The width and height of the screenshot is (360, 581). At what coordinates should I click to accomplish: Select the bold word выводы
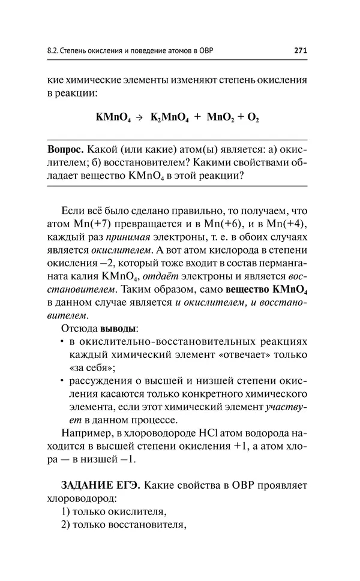(119, 328)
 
